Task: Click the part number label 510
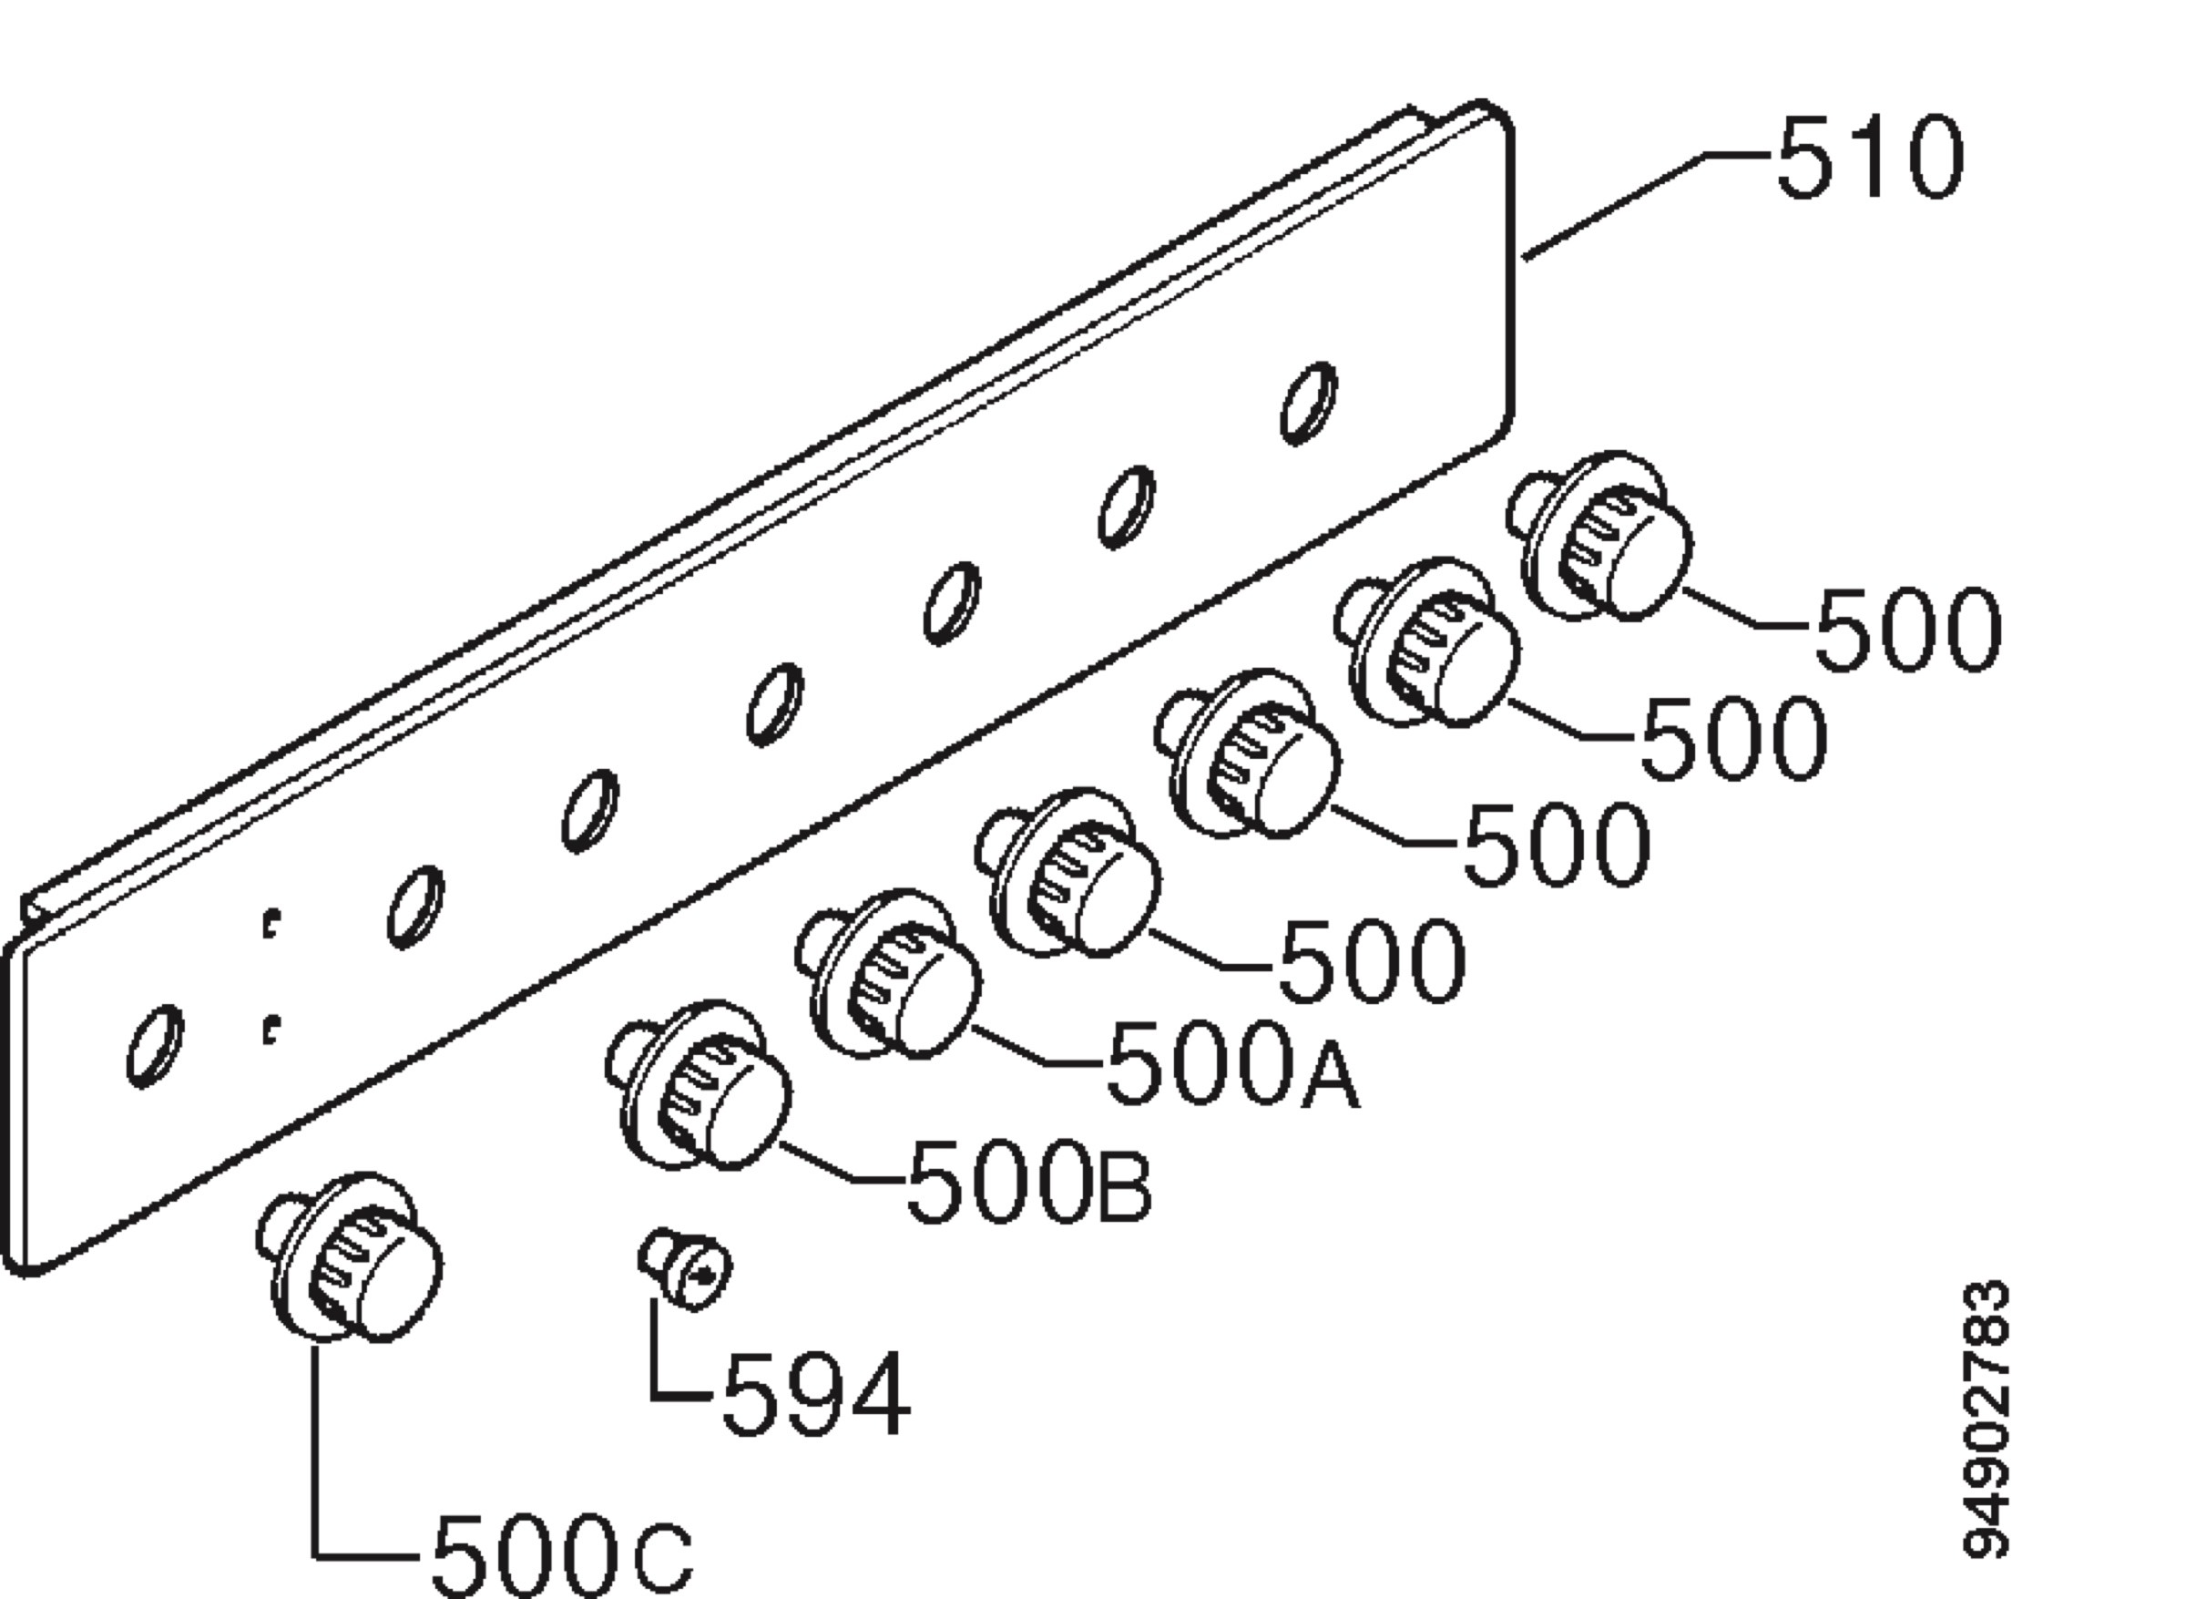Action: click(x=1870, y=158)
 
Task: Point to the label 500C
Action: click(x=562, y=1556)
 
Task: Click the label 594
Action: click(x=816, y=1394)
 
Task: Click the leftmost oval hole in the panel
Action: click(x=155, y=1045)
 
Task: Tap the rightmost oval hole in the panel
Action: click(x=1309, y=403)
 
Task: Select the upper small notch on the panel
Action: click(x=272, y=922)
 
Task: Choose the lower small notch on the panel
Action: click(x=272, y=1030)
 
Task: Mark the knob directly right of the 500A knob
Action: click(x=1068, y=873)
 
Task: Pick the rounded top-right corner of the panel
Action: click(x=1495, y=116)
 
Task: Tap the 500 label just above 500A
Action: click(x=1371, y=961)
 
